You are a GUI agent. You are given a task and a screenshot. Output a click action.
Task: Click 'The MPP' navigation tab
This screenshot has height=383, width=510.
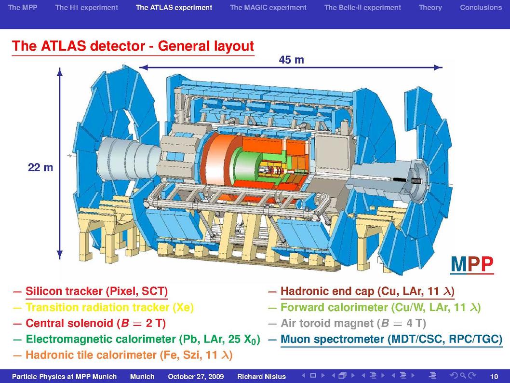23,7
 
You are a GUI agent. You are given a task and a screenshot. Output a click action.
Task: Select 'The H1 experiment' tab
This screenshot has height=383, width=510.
86,7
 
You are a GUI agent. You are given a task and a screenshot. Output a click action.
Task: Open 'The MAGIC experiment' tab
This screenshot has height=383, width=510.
268,7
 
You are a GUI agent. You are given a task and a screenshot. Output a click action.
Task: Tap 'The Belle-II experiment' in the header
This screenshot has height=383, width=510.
362,7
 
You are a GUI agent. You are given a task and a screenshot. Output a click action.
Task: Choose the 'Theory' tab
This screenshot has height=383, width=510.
430,8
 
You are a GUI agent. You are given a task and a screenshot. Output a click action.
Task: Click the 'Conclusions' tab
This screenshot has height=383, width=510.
481,7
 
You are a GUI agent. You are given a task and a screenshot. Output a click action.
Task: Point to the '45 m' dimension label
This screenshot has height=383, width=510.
292,60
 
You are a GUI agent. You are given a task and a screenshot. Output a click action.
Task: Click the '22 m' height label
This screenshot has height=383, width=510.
40,167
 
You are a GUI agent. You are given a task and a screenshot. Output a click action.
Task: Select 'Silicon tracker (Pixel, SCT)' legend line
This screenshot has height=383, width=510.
96,291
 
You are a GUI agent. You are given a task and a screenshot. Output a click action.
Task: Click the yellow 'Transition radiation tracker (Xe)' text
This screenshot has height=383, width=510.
109,307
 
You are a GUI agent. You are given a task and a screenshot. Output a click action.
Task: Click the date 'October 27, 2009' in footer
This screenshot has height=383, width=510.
196,377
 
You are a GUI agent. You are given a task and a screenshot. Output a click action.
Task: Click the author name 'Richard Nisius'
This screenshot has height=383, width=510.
261,377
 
